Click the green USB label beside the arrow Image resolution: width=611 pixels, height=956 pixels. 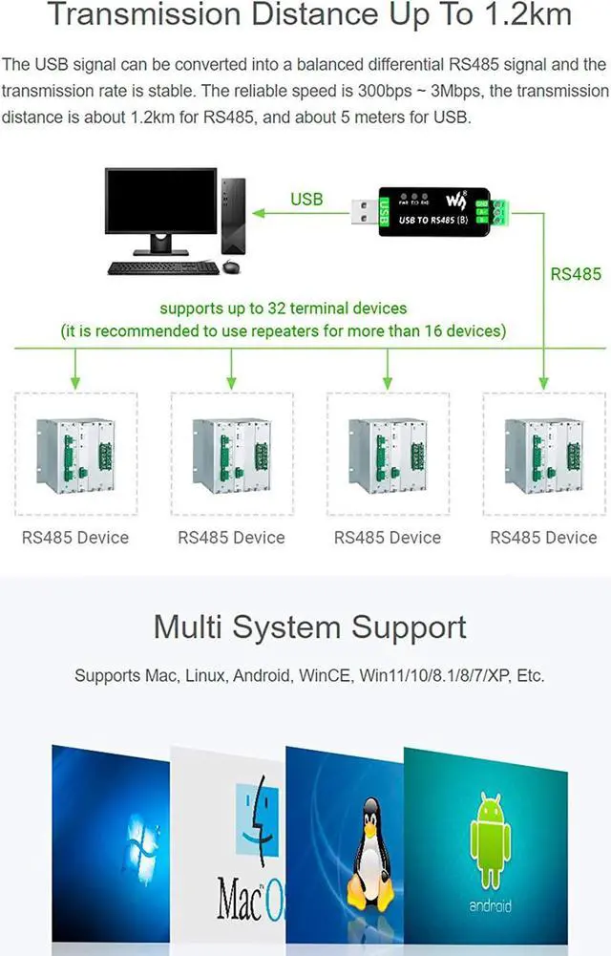coord(305,200)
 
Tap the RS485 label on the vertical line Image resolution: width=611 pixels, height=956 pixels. coord(575,274)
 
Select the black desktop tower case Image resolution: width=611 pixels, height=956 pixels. coord(233,216)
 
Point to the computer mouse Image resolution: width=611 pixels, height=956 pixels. coord(231,266)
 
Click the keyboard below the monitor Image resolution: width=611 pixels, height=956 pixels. coord(163,267)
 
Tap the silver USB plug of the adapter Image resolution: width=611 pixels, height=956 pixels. coord(365,212)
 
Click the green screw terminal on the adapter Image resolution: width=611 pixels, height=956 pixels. coord(500,211)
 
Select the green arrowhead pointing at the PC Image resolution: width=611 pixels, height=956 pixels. coord(259,213)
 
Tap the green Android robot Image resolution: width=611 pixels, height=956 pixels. coord(490,839)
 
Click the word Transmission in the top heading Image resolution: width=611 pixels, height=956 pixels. coord(144,13)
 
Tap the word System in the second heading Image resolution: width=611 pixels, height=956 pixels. coord(288,628)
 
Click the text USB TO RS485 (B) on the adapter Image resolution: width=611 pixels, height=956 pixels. coord(432,220)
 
